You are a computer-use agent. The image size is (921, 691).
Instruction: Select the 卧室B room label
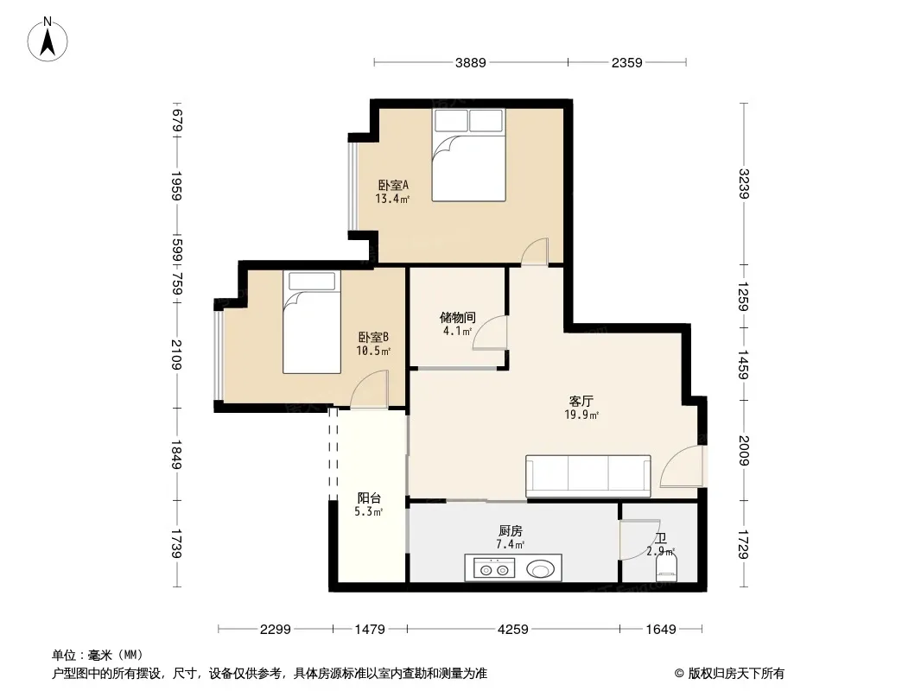(x=373, y=338)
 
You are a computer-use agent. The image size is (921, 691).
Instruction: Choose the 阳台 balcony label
(x=370, y=498)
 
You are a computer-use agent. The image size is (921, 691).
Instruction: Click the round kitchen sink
(x=541, y=568)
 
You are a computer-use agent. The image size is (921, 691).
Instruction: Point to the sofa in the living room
(x=588, y=475)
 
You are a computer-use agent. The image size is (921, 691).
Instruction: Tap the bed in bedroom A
(x=467, y=155)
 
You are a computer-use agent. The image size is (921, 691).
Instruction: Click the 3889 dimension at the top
(x=471, y=62)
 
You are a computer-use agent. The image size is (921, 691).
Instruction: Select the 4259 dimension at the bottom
(x=513, y=630)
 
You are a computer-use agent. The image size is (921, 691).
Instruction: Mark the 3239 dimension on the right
(x=744, y=183)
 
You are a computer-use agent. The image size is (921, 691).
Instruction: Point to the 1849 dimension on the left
(x=176, y=456)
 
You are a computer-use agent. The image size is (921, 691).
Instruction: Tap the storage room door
(x=491, y=333)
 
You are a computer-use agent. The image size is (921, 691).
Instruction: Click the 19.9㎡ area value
(x=581, y=415)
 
